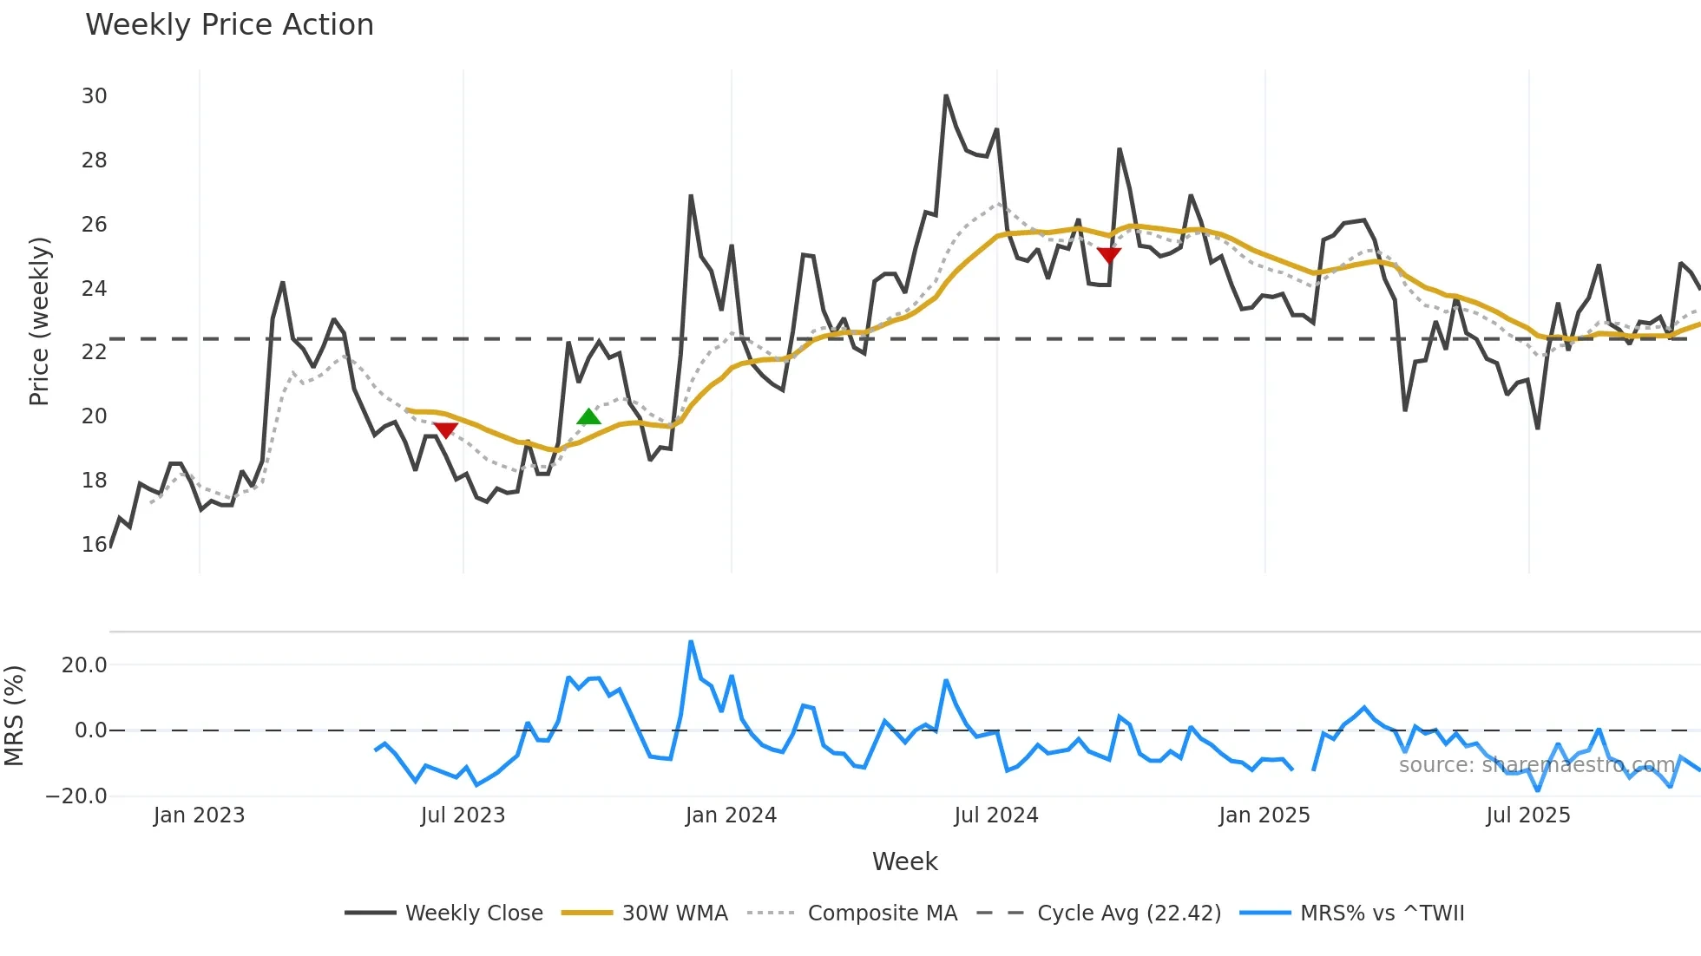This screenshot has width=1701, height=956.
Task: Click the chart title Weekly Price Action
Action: pos(229,25)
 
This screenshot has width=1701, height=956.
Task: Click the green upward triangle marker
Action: pos(588,417)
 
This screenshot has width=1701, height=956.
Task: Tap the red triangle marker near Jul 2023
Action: pos(445,430)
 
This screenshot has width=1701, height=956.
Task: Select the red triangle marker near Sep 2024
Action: pos(1109,254)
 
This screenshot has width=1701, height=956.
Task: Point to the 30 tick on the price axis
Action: pos(94,96)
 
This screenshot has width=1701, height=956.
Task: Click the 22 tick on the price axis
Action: pos(94,352)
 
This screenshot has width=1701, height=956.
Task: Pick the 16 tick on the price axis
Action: pos(94,545)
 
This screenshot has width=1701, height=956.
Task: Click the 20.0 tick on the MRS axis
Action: pos(84,665)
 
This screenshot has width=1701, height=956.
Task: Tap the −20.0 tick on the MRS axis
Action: pos(76,796)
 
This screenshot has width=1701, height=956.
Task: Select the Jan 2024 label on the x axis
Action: pos(731,815)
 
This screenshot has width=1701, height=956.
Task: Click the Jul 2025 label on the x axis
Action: pos(1527,815)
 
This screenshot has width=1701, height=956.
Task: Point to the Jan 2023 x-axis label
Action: pos(199,815)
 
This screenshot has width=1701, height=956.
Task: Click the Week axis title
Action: pos(904,861)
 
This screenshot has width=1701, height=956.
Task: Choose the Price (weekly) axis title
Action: pos(39,321)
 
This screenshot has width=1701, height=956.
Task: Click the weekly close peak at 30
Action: pos(946,95)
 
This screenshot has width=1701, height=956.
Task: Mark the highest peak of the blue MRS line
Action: pos(691,642)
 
